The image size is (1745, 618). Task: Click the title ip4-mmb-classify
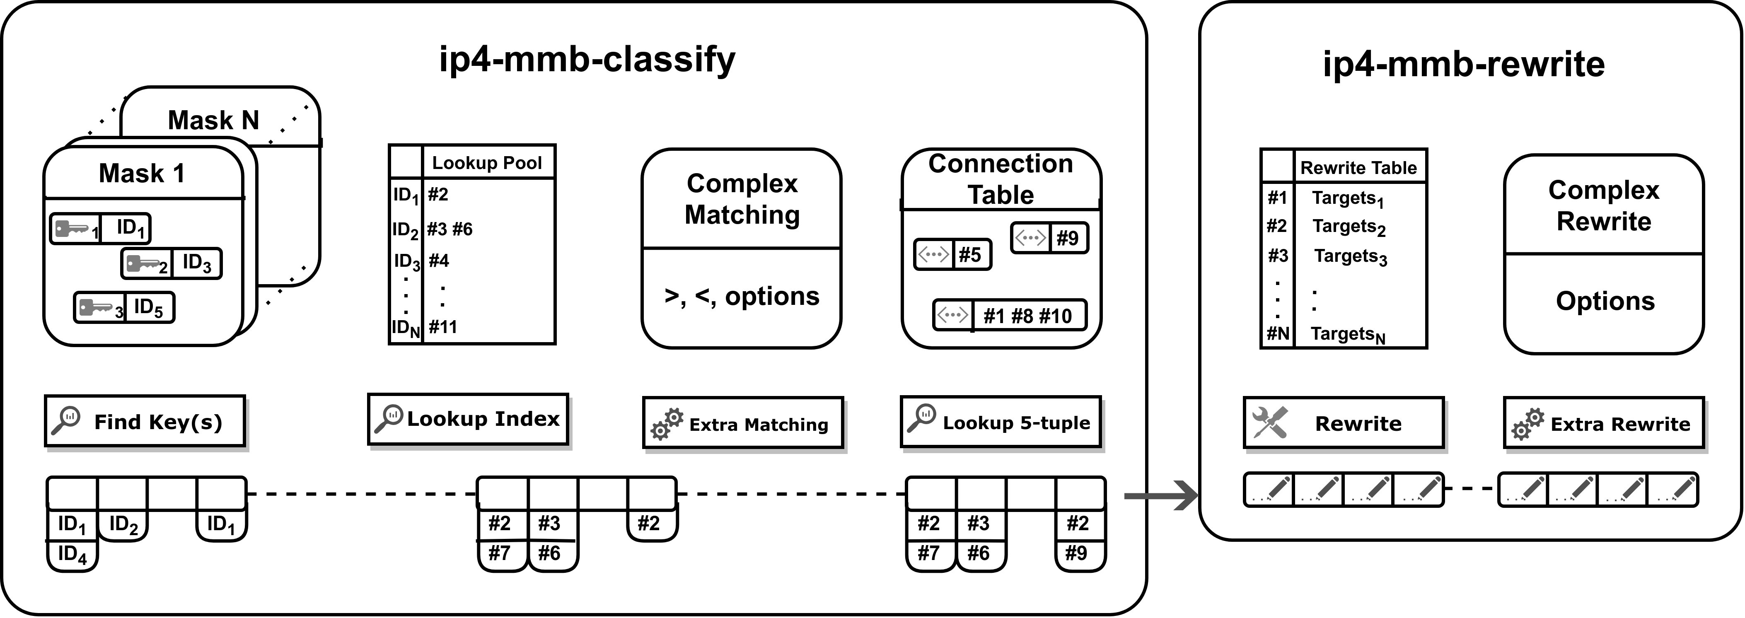[x=587, y=60]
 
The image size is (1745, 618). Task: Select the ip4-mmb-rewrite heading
[x=1463, y=64]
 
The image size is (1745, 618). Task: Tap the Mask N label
[x=213, y=120]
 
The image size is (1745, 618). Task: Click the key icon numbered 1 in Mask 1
[x=73, y=229]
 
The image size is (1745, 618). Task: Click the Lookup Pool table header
[x=486, y=163]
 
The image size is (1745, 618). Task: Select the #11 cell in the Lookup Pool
[x=443, y=327]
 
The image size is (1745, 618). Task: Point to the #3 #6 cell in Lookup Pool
[x=450, y=229]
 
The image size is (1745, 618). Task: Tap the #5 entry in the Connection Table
[x=969, y=255]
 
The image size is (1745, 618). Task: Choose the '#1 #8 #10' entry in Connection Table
[x=1027, y=316]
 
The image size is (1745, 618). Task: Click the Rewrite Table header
[x=1358, y=167]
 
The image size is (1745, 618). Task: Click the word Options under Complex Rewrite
[x=1605, y=301]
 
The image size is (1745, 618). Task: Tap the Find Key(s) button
[x=145, y=422]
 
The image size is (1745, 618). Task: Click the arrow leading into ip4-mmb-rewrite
[x=1161, y=495]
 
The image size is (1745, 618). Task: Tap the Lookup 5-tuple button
[x=1001, y=422]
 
